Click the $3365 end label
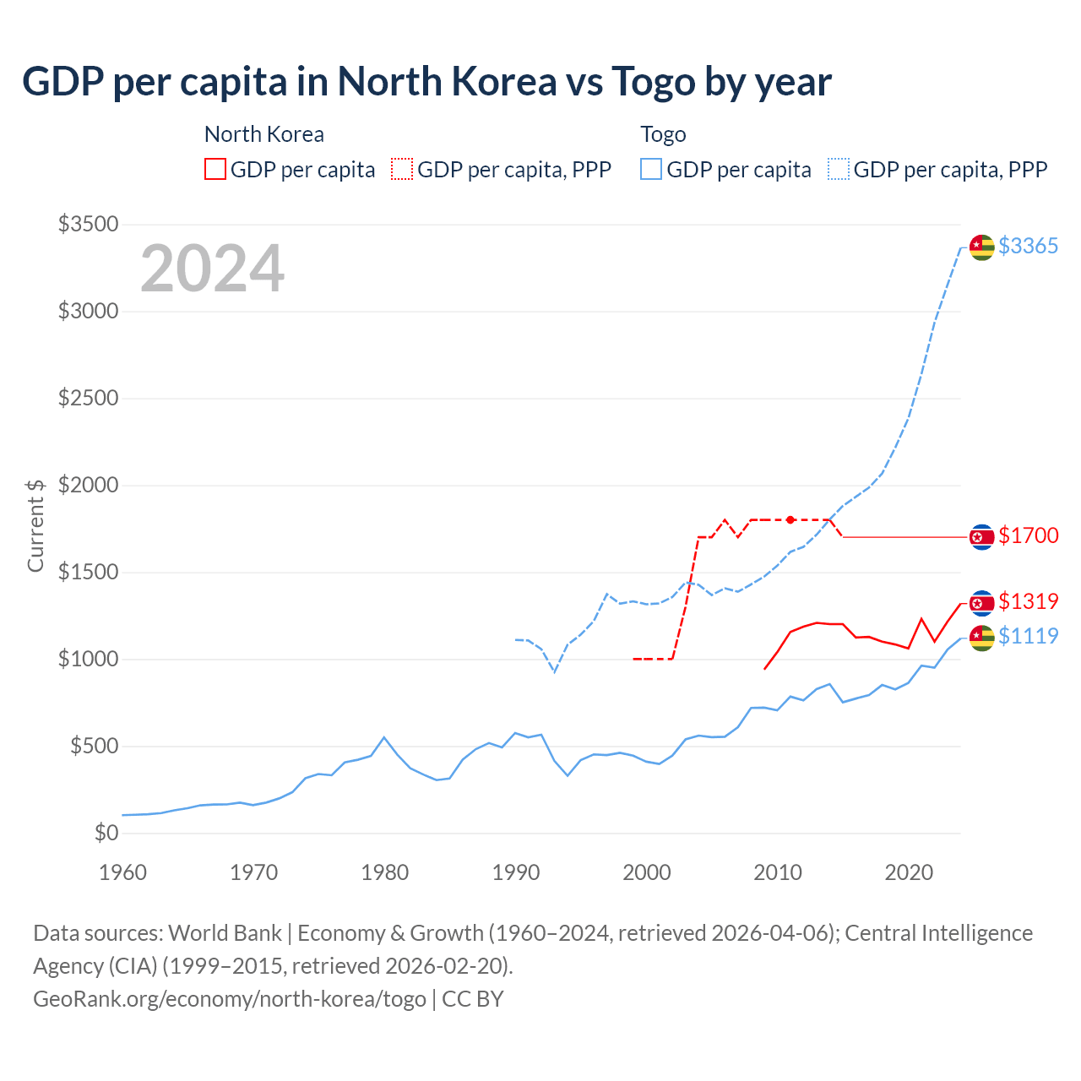[1028, 246]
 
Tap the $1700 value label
[1028, 535]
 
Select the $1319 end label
[1028, 601]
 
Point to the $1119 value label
[1028, 636]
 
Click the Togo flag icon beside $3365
[981, 247]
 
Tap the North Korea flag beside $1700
[981, 536]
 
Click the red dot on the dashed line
[790, 519]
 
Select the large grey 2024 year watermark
[212, 269]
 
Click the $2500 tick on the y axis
[88, 398]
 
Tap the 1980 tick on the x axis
[385, 872]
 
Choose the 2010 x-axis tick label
[778, 872]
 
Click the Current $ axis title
[35, 525]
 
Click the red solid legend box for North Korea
[215, 169]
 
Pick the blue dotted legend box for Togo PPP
[839, 169]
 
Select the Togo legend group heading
[663, 134]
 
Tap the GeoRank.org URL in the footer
[230, 998]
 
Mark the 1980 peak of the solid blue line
[384, 737]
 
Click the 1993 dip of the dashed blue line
[554, 671]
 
